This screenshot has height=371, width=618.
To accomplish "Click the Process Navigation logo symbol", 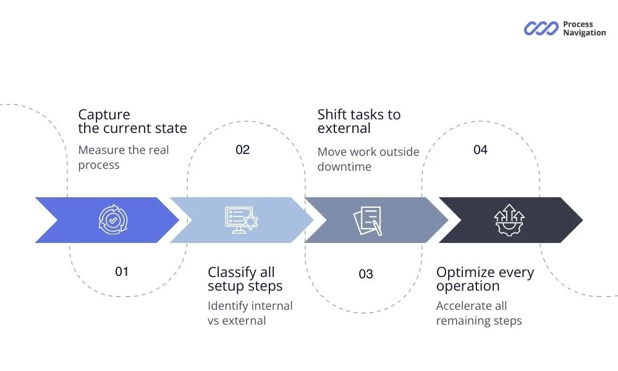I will click(541, 28).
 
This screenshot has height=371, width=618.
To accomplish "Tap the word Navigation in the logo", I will click(584, 33).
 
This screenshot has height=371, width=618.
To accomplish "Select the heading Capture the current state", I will click(132, 122).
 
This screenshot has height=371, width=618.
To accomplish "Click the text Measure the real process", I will click(123, 158).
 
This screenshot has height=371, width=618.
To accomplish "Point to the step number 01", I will click(122, 271).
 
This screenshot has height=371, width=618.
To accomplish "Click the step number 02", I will click(243, 150).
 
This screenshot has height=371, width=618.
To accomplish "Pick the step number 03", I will click(366, 274).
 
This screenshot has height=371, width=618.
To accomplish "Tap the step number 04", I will click(480, 150).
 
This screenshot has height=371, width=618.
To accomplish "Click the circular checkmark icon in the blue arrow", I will click(113, 220).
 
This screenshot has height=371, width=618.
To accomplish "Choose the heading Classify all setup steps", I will click(245, 279).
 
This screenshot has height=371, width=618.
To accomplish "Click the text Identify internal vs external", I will click(250, 313).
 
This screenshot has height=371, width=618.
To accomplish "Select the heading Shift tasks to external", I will click(358, 122).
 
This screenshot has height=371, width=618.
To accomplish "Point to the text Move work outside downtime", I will click(368, 160).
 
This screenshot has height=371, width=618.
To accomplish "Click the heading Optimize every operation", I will click(485, 279).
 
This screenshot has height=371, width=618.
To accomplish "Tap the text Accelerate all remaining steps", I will click(478, 313).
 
